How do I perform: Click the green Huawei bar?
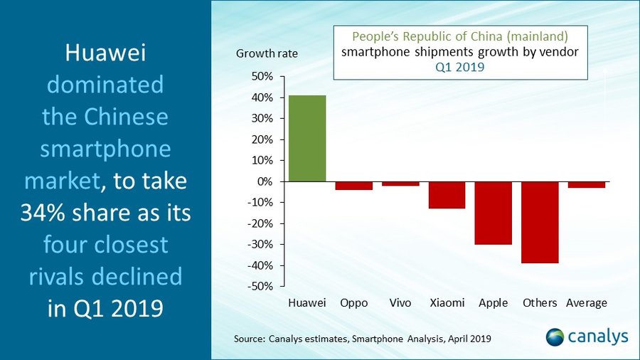pos(307,139)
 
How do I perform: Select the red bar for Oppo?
pos(353,186)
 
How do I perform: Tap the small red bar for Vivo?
pos(400,184)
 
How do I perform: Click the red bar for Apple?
pos(494,213)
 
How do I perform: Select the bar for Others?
pos(540,222)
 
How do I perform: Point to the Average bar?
pos(587,185)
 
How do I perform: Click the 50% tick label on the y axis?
pos(262,76)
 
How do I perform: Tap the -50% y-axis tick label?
pos(261,286)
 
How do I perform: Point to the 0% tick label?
pos(265,181)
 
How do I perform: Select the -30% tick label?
pos(261,244)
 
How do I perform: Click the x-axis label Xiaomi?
pos(447,303)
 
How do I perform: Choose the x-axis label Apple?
pos(494,303)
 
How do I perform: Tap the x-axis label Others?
pos(540,303)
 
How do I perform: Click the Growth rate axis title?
pos(267,53)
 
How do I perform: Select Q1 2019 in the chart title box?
pos(460,68)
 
